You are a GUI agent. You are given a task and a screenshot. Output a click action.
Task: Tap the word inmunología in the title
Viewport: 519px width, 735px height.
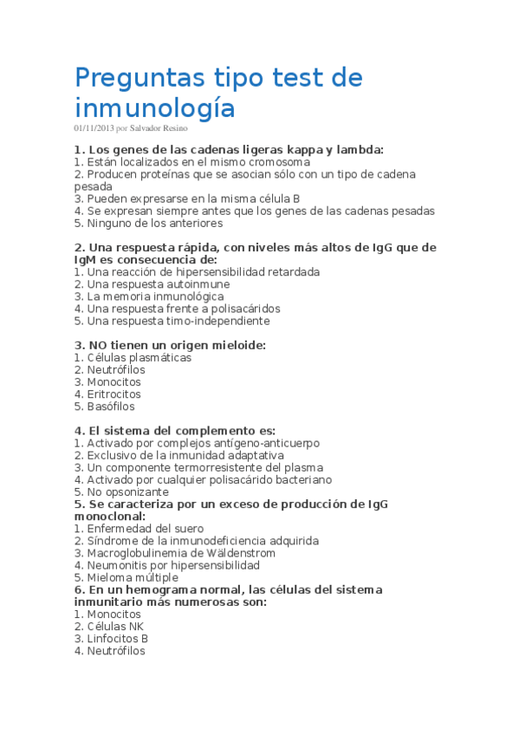pos(154,107)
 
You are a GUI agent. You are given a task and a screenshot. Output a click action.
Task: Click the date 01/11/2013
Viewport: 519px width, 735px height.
pos(94,128)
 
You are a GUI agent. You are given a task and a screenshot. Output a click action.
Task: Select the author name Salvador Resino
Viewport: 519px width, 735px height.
pos(159,128)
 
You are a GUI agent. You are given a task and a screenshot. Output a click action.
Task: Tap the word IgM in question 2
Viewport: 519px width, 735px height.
pos(87,259)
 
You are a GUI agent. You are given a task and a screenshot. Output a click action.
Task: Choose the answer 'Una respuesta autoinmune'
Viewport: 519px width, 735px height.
pos(152,283)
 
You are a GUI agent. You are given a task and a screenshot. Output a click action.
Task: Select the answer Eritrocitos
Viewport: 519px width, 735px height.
pos(114,394)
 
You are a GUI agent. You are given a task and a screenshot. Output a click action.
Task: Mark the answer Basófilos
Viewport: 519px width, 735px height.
pos(110,406)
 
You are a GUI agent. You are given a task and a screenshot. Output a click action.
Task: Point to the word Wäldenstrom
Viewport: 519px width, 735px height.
pos(235,553)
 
